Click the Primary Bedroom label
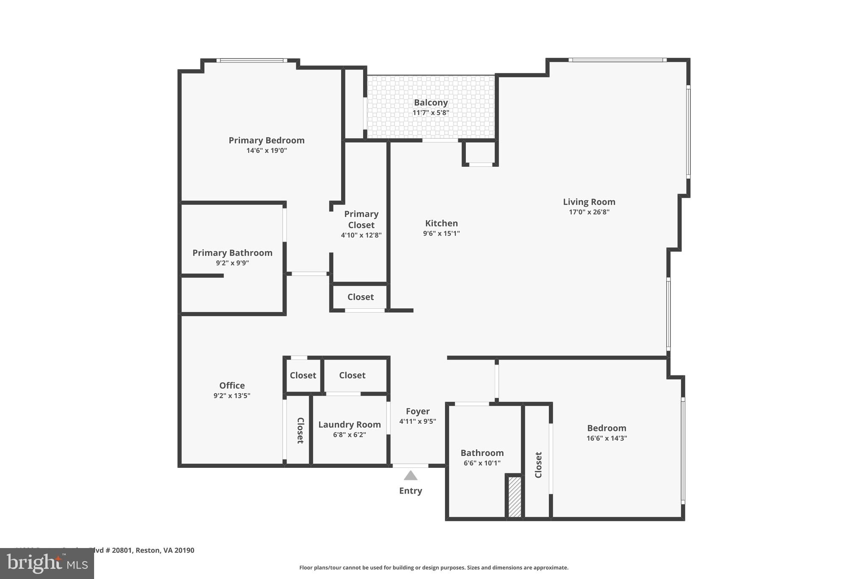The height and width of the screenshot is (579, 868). [267, 140]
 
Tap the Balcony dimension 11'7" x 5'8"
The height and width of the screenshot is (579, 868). [431, 113]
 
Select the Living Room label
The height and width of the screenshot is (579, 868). [589, 202]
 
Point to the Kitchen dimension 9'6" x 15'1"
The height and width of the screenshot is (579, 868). [441, 233]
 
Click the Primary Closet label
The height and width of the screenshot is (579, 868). [361, 219]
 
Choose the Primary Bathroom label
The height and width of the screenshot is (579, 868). [232, 253]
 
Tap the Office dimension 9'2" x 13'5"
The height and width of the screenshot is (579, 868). [232, 396]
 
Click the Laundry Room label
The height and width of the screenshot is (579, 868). [349, 425]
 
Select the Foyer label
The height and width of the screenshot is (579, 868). [417, 411]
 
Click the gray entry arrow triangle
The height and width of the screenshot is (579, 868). [410, 476]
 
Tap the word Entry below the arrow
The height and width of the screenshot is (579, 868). [410, 491]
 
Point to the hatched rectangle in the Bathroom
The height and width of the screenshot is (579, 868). [515, 497]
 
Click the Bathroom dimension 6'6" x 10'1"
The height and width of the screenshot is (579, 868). [482, 463]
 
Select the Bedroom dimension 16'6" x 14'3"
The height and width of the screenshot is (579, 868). [606, 439]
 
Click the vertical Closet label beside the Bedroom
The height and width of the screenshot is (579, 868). [538, 465]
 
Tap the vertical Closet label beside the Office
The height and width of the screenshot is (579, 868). [300, 431]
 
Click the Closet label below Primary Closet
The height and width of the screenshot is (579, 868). [360, 297]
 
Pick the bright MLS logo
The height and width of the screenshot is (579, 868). [47, 563]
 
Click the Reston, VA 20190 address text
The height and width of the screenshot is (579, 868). [165, 550]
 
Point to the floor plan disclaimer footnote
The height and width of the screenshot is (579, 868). [434, 568]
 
